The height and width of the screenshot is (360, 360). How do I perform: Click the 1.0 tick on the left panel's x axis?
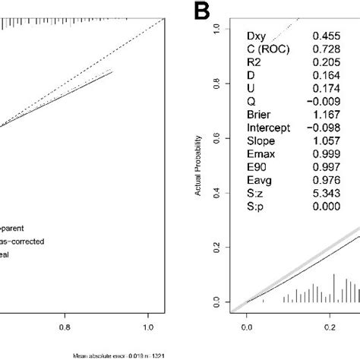click(147, 330)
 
